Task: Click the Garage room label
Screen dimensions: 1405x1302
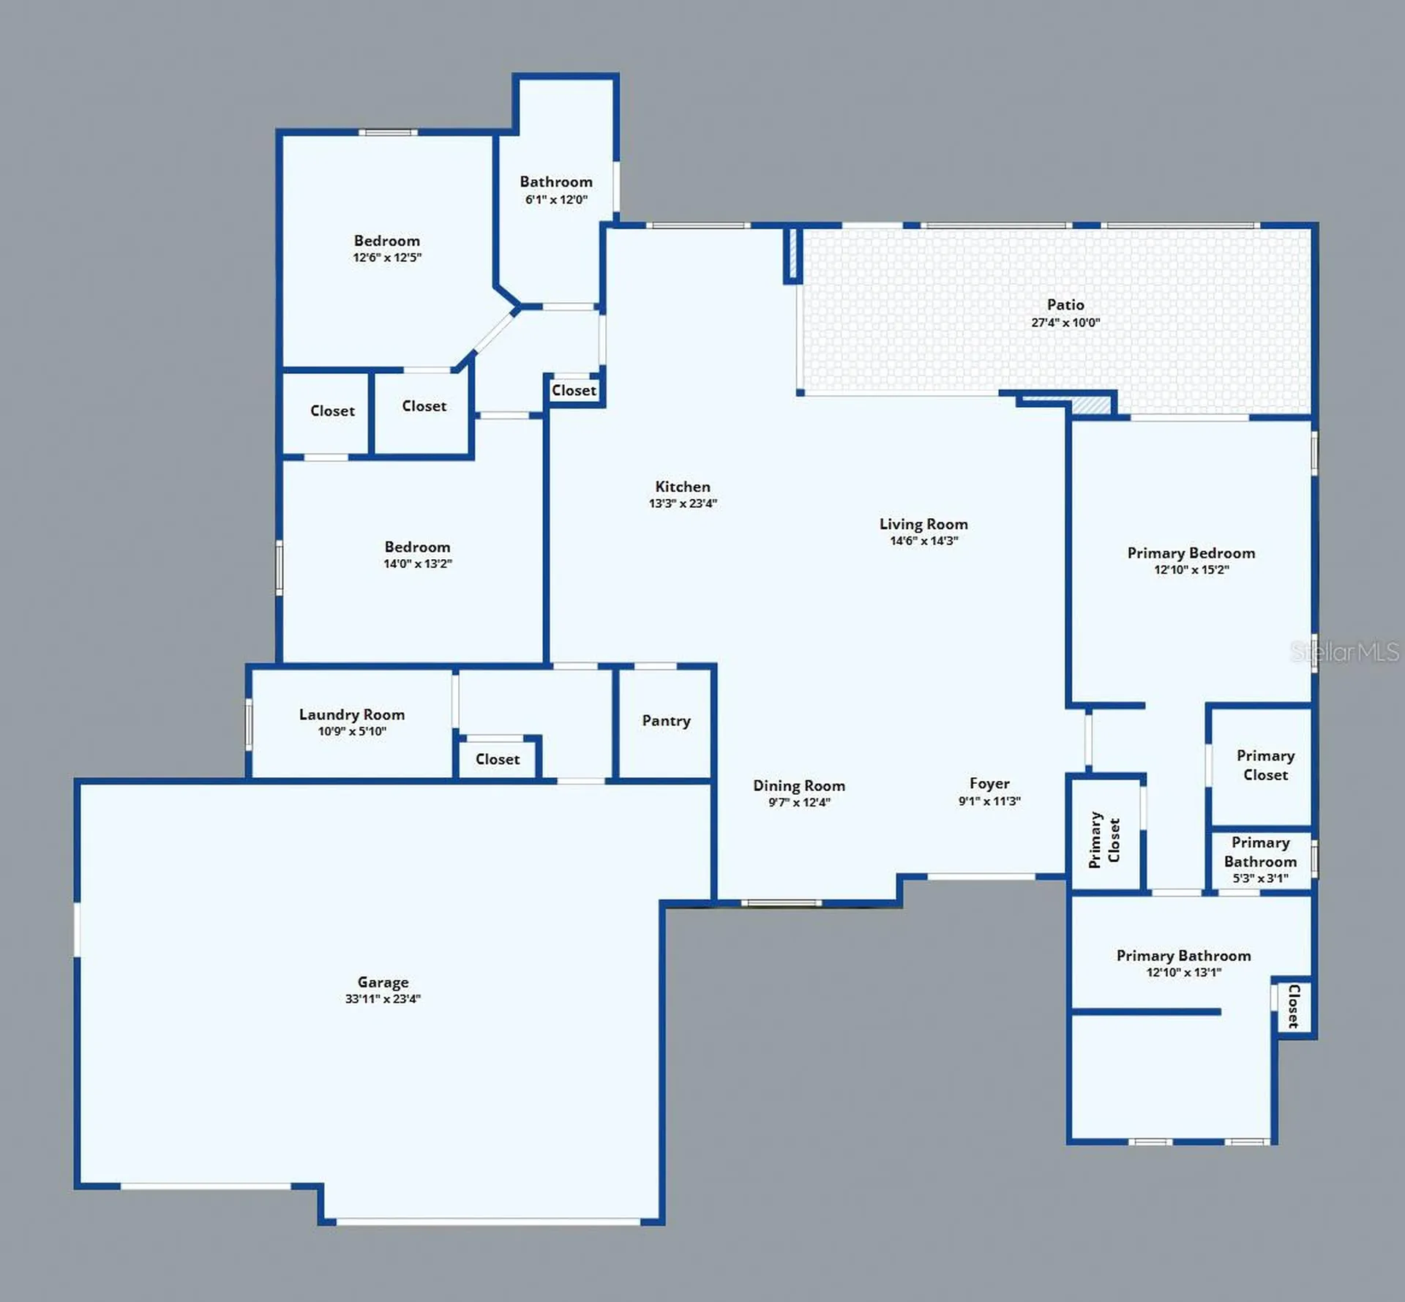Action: [x=383, y=982]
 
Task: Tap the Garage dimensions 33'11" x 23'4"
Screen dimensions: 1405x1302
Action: [x=383, y=999]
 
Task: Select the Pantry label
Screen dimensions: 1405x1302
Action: [x=666, y=721]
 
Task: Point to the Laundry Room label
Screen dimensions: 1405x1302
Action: [x=352, y=714]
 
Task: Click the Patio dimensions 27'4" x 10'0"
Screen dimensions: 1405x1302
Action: [x=1065, y=322]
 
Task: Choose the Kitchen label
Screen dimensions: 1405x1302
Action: [x=683, y=487]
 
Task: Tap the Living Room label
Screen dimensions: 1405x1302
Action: [x=923, y=524]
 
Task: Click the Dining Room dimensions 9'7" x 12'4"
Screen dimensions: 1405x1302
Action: [x=799, y=802]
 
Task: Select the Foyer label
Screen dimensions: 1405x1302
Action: [x=989, y=784]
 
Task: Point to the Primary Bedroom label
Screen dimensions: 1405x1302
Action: [x=1191, y=553]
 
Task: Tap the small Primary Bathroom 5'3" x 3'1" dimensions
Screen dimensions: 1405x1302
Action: [x=1260, y=878]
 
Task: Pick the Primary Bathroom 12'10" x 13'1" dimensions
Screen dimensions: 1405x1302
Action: [x=1183, y=972]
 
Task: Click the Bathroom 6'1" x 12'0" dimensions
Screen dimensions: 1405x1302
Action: [x=556, y=199]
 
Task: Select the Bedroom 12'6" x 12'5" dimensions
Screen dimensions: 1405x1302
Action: [x=387, y=258]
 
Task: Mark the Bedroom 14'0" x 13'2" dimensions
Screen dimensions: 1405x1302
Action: [x=418, y=564]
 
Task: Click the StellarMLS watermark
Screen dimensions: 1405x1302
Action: [x=1345, y=651]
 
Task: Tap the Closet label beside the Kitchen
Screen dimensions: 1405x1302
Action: [x=574, y=391]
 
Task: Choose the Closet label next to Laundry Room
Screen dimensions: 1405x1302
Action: [x=498, y=760]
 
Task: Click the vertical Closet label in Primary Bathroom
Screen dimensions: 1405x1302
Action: [x=1293, y=1006]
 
